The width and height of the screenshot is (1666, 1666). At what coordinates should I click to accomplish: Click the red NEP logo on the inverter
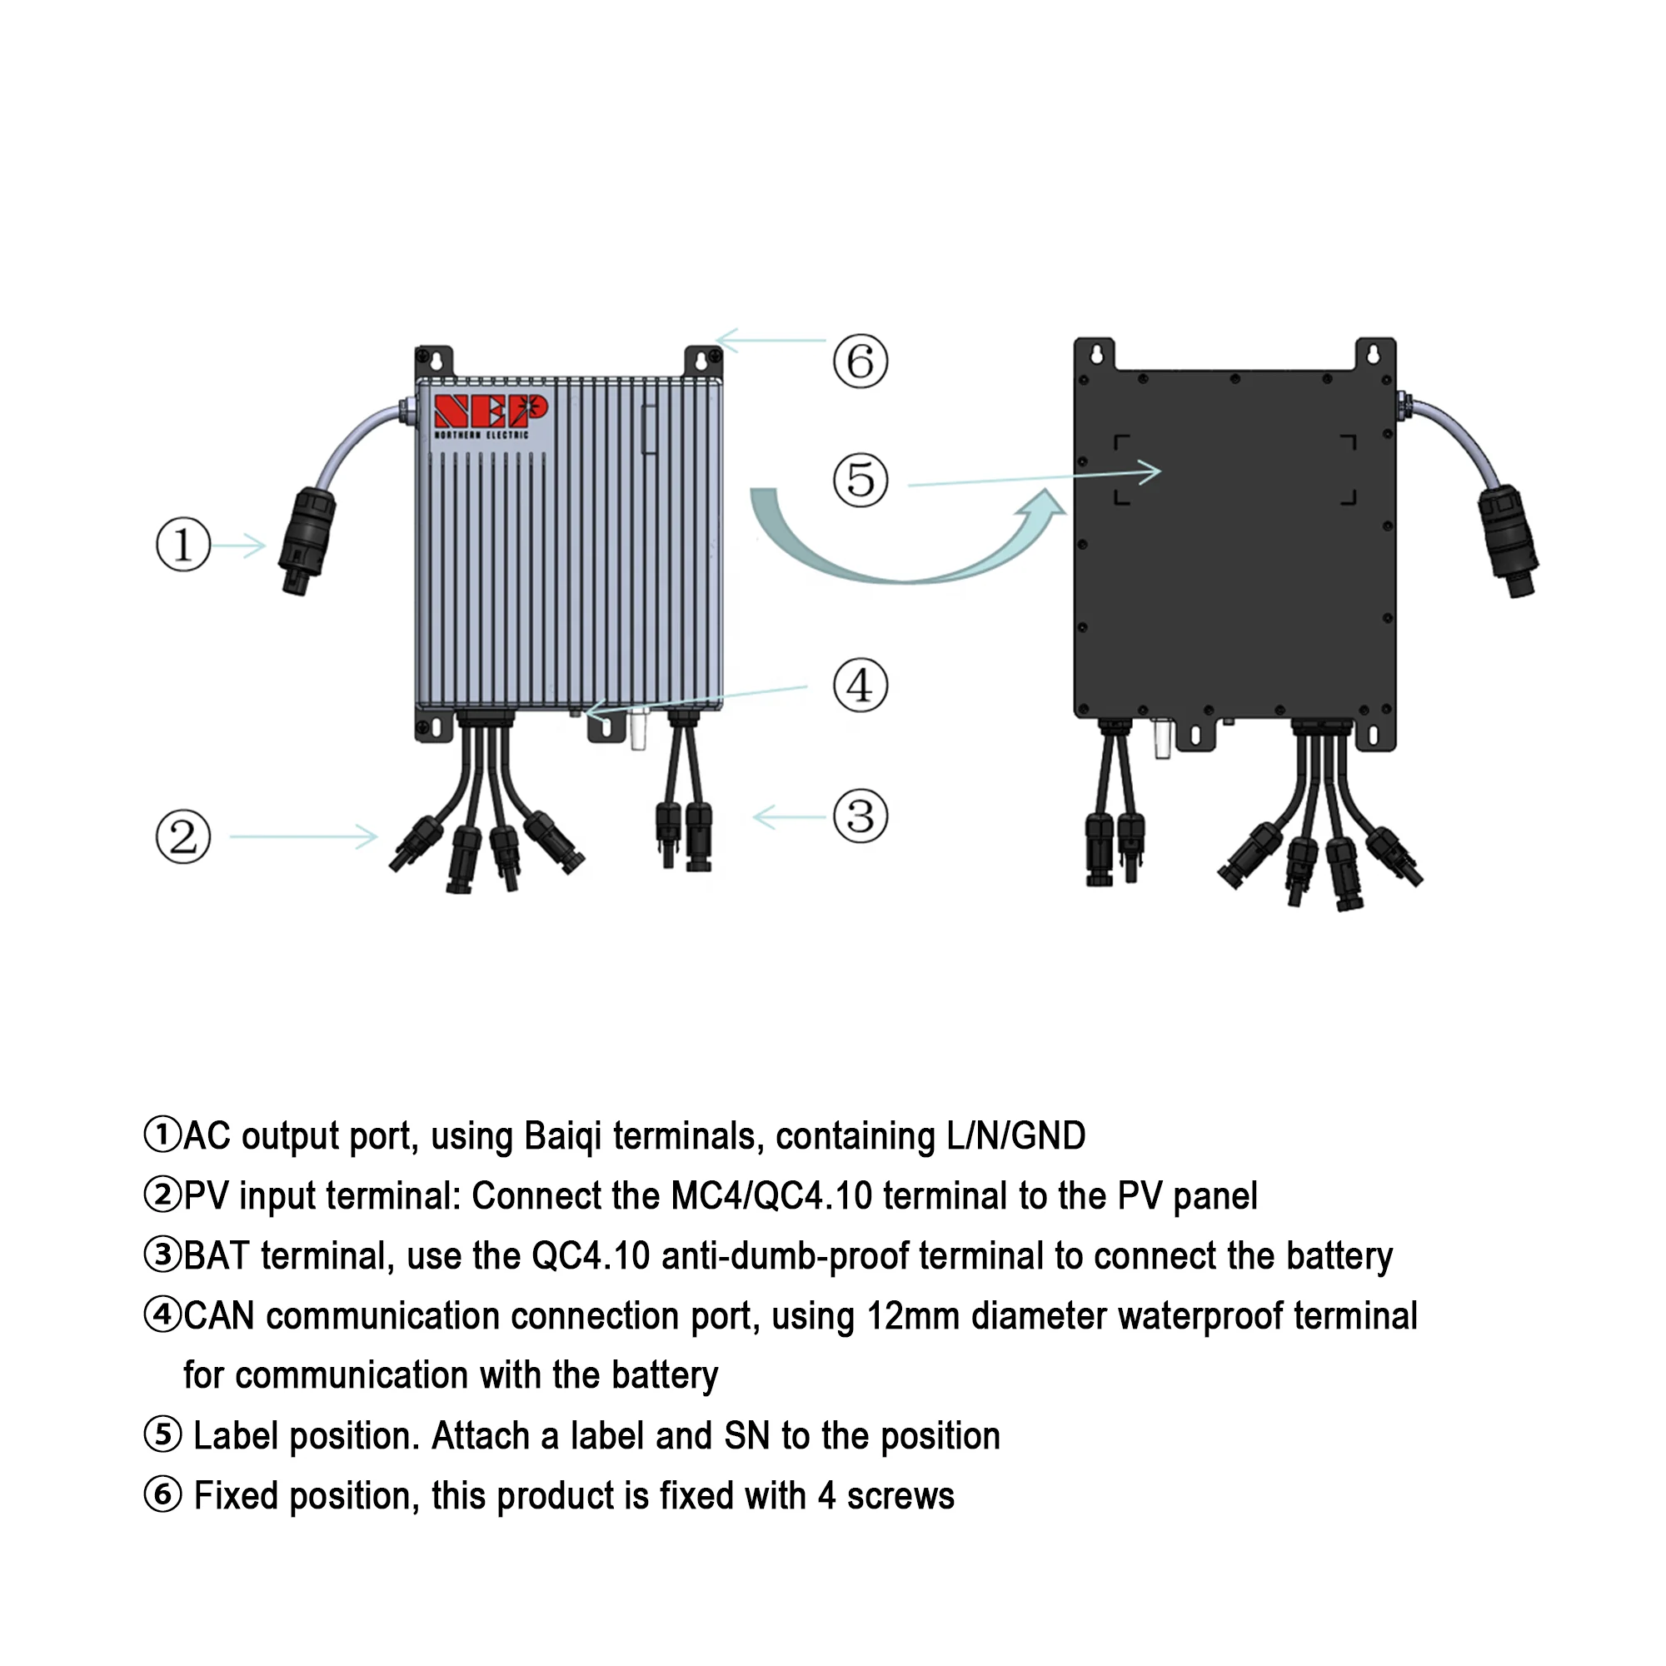(490, 412)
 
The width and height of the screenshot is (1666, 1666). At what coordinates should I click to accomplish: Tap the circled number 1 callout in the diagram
(182, 545)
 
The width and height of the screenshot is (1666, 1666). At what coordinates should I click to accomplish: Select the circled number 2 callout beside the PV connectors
(182, 836)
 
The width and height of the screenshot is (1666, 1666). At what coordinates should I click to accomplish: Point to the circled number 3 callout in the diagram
(860, 816)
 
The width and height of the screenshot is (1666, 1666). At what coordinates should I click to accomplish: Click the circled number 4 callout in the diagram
(860, 686)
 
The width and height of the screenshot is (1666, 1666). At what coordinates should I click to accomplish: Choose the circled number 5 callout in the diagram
(860, 481)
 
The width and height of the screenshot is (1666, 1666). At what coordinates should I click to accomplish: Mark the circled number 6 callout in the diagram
(860, 361)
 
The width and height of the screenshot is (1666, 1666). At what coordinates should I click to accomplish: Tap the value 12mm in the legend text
(912, 1316)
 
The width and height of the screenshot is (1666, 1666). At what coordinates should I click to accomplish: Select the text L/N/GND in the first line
(1015, 1136)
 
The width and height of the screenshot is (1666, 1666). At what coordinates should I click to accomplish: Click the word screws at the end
(900, 1496)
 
